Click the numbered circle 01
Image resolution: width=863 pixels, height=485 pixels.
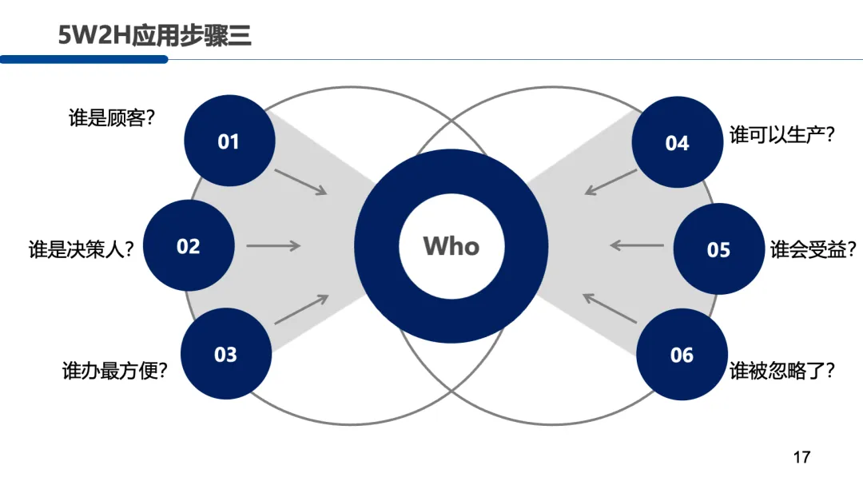click(229, 141)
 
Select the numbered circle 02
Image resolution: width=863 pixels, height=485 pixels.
click(189, 246)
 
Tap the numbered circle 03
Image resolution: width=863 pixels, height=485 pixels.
click(226, 354)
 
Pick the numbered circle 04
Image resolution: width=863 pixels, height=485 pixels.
click(677, 142)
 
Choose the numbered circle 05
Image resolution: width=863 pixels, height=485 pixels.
click(718, 249)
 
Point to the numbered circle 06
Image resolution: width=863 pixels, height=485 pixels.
click(682, 354)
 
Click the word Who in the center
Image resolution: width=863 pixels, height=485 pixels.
click(451, 245)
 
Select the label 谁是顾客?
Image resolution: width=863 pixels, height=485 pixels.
click(112, 119)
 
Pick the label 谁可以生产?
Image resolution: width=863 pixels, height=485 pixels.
click(782, 135)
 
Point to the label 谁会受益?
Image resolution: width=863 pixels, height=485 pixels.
click(813, 249)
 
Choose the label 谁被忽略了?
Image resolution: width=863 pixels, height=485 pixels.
click(782, 371)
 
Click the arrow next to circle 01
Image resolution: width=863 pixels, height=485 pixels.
click(300, 181)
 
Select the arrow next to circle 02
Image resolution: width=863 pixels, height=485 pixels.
click(273, 246)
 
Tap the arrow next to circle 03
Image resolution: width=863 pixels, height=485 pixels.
click(301, 309)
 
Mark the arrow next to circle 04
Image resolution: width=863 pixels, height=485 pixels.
click(610, 181)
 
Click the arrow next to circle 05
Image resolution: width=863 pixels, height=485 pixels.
click(637, 245)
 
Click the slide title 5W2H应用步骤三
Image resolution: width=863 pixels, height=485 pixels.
click(154, 34)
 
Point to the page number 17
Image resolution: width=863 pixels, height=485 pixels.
click(801, 457)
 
